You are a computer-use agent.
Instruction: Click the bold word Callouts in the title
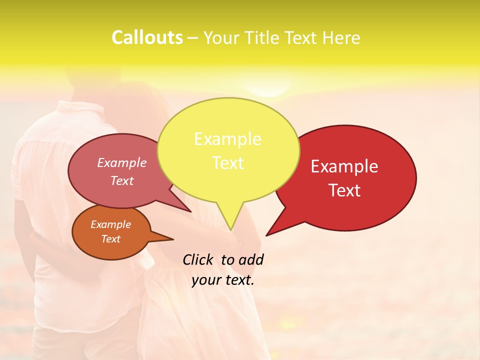point(147,37)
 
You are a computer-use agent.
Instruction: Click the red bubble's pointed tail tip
point(266,235)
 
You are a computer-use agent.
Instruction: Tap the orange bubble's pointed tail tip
point(173,239)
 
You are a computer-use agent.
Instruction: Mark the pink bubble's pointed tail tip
point(191,211)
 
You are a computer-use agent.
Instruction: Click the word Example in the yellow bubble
point(227,138)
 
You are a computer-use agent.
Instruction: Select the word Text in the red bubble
point(344,190)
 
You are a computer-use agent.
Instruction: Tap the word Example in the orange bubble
point(110,224)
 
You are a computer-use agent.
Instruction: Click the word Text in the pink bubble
point(122,180)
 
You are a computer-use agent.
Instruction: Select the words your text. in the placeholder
point(223,280)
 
